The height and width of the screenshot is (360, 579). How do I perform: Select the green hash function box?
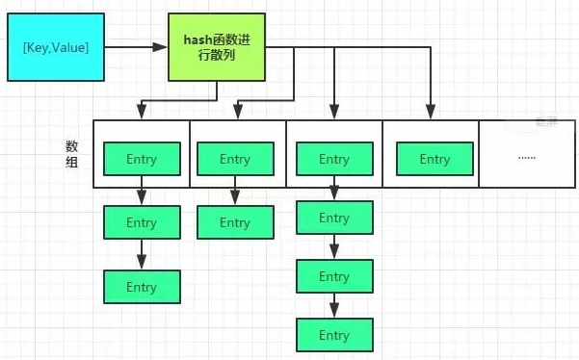(217, 46)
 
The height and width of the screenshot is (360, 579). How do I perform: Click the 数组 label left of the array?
(71, 155)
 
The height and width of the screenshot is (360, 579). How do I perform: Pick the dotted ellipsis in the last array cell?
(526, 156)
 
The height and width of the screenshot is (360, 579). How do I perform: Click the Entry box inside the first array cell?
(141, 159)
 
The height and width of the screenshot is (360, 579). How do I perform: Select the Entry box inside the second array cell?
(234, 159)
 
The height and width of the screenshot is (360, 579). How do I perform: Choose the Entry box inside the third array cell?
(334, 159)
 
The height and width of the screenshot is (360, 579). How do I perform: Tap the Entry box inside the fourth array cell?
(434, 159)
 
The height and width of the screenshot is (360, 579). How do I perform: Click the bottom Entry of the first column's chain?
(142, 287)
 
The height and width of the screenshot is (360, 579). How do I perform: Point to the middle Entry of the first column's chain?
(142, 222)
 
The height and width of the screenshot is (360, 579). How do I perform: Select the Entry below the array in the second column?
(234, 222)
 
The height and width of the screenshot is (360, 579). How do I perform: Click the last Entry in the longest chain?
(334, 335)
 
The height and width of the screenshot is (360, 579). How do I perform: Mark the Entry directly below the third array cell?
(334, 218)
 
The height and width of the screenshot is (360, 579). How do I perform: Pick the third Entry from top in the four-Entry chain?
(334, 276)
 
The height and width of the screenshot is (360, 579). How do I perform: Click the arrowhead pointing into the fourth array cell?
(431, 113)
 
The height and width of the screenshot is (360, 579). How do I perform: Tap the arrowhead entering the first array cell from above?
(142, 113)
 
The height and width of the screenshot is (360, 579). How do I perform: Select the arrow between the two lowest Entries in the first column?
(142, 255)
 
